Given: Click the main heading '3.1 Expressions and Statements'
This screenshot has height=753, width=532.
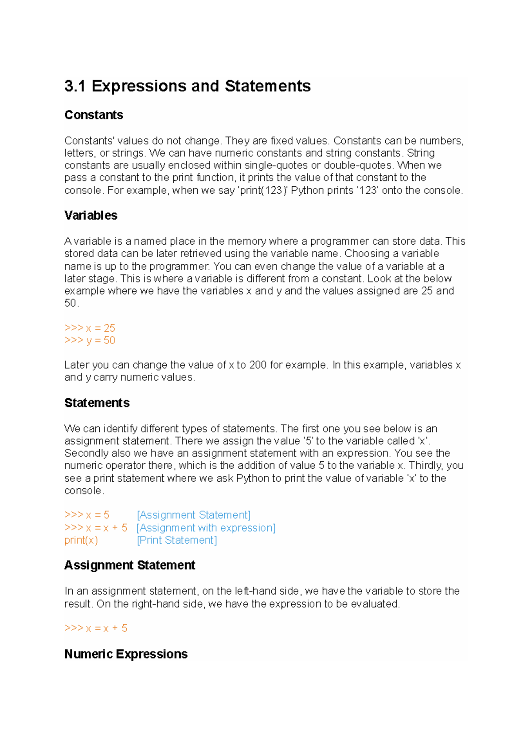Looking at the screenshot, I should pos(187,86).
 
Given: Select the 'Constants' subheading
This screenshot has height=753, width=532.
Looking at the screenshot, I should pos(94,115).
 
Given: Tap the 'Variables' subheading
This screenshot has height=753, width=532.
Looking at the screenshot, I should pos(90,216).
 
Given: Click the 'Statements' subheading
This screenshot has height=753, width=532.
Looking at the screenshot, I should pos(97,403).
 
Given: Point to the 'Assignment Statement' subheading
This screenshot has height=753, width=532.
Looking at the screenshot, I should pos(129,565).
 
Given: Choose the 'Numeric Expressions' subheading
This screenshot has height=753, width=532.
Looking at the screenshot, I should pos(126,654).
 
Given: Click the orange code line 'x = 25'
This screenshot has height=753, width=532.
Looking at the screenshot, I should pos(90,328).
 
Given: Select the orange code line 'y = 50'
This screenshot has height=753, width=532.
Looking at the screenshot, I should pos(90,341).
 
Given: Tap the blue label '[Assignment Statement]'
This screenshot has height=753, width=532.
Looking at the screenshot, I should pos(194,515).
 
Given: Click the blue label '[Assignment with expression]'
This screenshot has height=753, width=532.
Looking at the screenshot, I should pos(206,528).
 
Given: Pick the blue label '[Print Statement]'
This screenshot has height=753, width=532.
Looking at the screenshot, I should pos(177,540).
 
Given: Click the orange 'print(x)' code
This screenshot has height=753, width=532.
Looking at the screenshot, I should pos(81,540).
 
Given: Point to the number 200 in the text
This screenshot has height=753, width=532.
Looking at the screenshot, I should pos(258,365).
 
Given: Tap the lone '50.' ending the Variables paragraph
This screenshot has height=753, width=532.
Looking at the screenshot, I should pos(71,303).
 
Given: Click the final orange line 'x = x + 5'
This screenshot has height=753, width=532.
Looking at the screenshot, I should pos(96,628).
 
